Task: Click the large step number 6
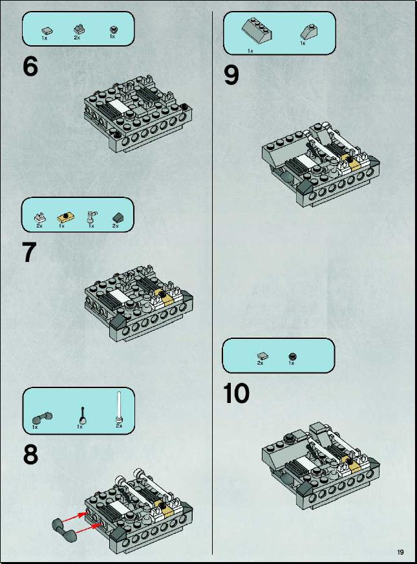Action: click(x=30, y=66)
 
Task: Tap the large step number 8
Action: click(x=30, y=454)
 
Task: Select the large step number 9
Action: click(x=231, y=75)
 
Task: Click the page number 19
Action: click(x=400, y=552)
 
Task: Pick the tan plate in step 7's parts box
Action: click(x=66, y=217)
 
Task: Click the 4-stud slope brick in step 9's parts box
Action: click(x=257, y=30)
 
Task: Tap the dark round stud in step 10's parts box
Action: click(x=293, y=357)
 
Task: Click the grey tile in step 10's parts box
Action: click(x=262, y=356)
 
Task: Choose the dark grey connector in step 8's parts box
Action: click(x=43, y=418)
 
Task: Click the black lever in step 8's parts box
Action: click(x=83, y=416)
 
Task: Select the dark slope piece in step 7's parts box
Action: click(x=117, y=217)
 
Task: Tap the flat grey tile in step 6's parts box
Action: click(x=47, y=31)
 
